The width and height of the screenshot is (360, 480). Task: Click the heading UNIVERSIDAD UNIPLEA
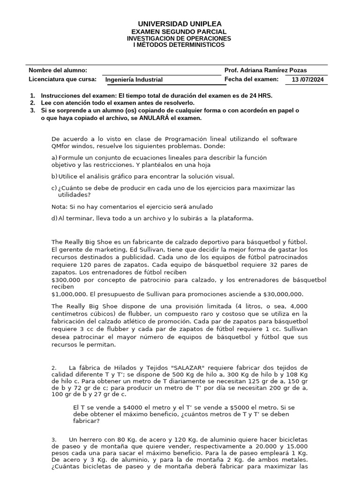(x=180, y=24)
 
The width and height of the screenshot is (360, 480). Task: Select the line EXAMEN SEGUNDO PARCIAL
(x=180, y=31)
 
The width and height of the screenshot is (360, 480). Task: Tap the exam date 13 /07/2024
(x=307, y=80)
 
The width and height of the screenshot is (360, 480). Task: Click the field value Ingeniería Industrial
(x=134, y=80)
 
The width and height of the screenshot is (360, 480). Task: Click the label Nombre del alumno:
(x=58, y=70)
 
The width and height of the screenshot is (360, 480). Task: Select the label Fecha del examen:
(x=252, y=79)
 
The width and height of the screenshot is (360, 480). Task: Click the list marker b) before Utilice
(x=54, y=177)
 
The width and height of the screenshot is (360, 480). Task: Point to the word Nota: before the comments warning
(x=59, y=207)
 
